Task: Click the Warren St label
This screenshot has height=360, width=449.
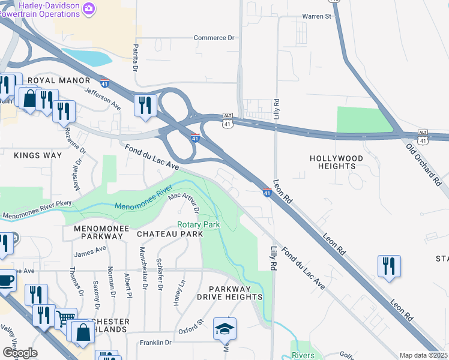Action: [316, 16]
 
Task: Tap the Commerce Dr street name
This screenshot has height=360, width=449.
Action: [214, 38]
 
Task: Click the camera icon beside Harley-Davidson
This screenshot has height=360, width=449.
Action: [89, 8]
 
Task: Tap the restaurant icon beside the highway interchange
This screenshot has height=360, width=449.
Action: [145, 105]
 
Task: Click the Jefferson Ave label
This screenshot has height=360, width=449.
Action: [103, 98]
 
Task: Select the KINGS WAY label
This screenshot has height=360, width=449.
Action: [38, 155]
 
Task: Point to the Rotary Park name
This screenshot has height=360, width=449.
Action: [198, 225]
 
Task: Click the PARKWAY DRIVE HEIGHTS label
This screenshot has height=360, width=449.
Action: [230, 292]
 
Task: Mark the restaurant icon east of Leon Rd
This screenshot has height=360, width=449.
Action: [389, 266]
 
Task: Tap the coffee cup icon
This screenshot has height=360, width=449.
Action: [6, 280]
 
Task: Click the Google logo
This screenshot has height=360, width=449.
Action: [20, 353]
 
